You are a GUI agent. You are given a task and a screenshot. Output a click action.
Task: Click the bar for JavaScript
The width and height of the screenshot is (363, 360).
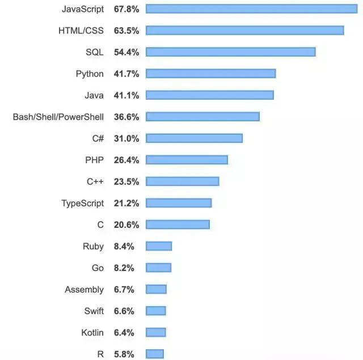251,9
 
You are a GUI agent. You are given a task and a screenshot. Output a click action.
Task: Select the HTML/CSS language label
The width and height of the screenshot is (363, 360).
81,30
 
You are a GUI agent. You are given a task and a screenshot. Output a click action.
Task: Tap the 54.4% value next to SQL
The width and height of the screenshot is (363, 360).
126,52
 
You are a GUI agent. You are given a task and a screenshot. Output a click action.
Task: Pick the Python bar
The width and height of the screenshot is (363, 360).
210,74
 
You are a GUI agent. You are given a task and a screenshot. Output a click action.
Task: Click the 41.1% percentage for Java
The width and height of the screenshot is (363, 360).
126,95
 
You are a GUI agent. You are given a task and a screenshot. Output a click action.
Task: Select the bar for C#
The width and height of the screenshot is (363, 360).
194,138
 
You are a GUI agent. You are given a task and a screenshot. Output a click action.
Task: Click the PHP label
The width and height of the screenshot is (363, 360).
94,160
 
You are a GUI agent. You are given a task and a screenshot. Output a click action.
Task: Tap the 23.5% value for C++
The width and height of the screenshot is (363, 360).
126,181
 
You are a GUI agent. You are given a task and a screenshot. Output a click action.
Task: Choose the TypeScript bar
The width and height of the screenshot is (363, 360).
179,203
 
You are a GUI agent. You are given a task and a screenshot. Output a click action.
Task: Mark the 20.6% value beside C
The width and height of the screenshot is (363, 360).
126,225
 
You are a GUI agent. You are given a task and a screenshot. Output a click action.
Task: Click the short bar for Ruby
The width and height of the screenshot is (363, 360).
159,246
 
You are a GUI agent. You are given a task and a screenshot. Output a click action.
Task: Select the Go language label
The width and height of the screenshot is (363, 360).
98,268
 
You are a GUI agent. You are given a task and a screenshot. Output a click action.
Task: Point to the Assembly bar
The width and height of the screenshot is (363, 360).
156,289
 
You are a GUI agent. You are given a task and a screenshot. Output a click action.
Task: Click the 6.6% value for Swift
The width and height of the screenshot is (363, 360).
124,311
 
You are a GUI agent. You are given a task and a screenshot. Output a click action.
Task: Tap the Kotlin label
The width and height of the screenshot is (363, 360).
92,332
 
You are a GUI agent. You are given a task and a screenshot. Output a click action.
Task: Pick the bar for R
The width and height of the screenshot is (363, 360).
155,354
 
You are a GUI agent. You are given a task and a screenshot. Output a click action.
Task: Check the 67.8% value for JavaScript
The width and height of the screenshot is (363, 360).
126,9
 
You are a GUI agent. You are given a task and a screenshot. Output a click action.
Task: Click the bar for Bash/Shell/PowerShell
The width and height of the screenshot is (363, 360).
202,117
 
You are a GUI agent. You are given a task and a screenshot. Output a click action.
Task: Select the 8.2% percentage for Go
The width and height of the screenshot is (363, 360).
124,268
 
